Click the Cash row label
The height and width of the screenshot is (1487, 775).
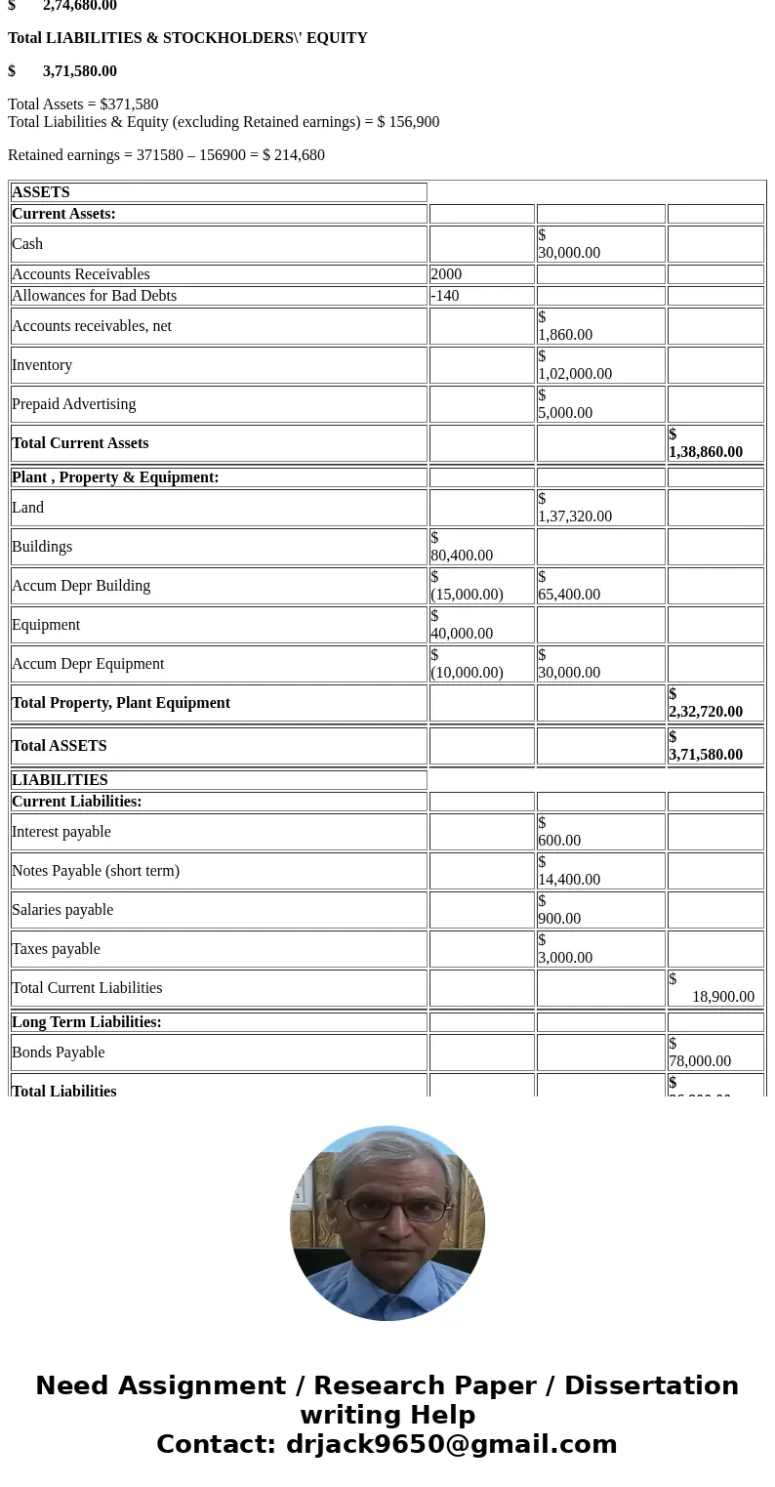[27, 244]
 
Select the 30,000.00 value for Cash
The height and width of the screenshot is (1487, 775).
[569, 252]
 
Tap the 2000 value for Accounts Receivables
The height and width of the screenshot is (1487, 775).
[446, 274]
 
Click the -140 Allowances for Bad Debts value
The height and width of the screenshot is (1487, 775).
[445, 296]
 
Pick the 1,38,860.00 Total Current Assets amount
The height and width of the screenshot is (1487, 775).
[706, 451]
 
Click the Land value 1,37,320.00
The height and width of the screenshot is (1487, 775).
[575, 516]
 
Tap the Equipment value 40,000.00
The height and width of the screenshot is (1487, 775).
[462, 633]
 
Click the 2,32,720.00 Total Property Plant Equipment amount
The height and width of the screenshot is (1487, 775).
[706, 711]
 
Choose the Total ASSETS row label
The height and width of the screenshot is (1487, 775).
[60, 746]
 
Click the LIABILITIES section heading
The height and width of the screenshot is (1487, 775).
[60, 780]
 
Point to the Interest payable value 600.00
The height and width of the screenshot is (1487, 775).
[559, 840]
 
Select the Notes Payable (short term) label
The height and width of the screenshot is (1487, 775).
[96, 871]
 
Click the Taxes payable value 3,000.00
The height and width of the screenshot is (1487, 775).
[565, 957]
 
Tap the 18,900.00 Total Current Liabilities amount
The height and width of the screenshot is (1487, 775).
[723, 996]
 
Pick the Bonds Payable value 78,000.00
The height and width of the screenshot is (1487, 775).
[700, 1060]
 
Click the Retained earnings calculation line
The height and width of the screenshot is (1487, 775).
[166, 155]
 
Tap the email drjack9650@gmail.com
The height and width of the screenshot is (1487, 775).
[451, 1444]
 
